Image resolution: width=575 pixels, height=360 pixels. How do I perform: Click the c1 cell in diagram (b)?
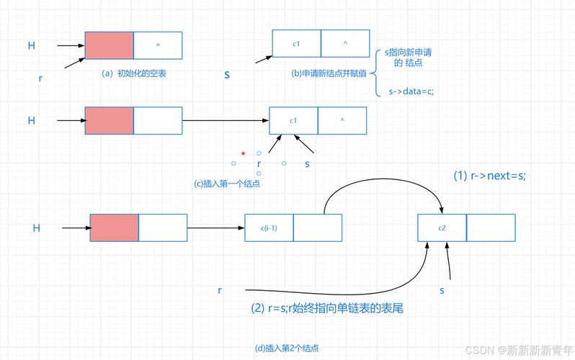point(296,43)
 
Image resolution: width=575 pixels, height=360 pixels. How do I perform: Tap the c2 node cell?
point(442,228)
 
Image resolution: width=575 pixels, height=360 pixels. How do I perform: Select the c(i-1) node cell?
point(269,228)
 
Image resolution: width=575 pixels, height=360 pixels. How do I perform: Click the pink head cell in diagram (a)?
point(109,45)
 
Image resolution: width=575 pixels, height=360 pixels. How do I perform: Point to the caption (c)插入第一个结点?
point(227,184)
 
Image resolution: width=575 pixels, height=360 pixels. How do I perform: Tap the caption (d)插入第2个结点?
point(287,348)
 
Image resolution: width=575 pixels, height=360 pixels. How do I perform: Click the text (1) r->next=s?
point(489,176)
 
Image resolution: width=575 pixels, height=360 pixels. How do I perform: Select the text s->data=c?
point(411,91)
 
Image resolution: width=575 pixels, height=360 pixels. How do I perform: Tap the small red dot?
point(244,153)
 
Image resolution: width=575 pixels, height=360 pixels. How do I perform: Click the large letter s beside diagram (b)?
point(227,74)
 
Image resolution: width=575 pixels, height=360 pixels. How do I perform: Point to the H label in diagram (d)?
point(36,228)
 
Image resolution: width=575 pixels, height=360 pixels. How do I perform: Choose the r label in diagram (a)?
point(40,78)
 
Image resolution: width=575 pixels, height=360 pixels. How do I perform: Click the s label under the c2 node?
point(442,290)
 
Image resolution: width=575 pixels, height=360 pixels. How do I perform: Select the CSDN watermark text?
point(517,349)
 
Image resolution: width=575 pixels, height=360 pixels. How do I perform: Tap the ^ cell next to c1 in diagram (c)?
point(342,120)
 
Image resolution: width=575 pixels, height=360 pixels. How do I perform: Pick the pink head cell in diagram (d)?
point(114,228)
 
